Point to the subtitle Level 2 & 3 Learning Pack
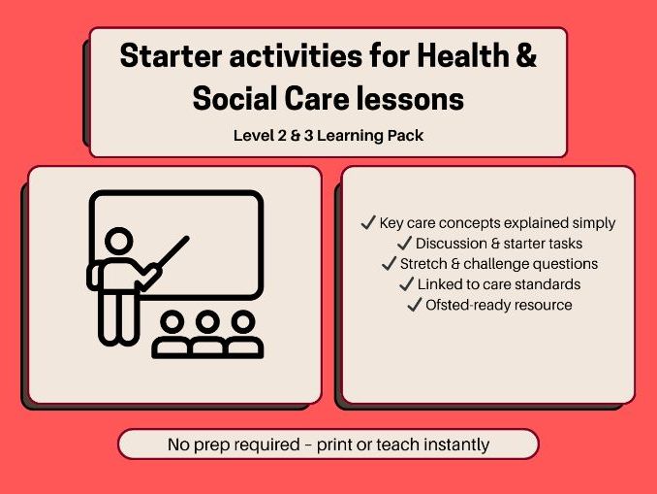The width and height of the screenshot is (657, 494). point(328,136)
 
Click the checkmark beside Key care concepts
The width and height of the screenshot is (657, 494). point(367,223)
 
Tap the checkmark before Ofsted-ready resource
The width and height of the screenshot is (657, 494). point(415,305)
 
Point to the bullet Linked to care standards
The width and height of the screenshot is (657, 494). point(498,284)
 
